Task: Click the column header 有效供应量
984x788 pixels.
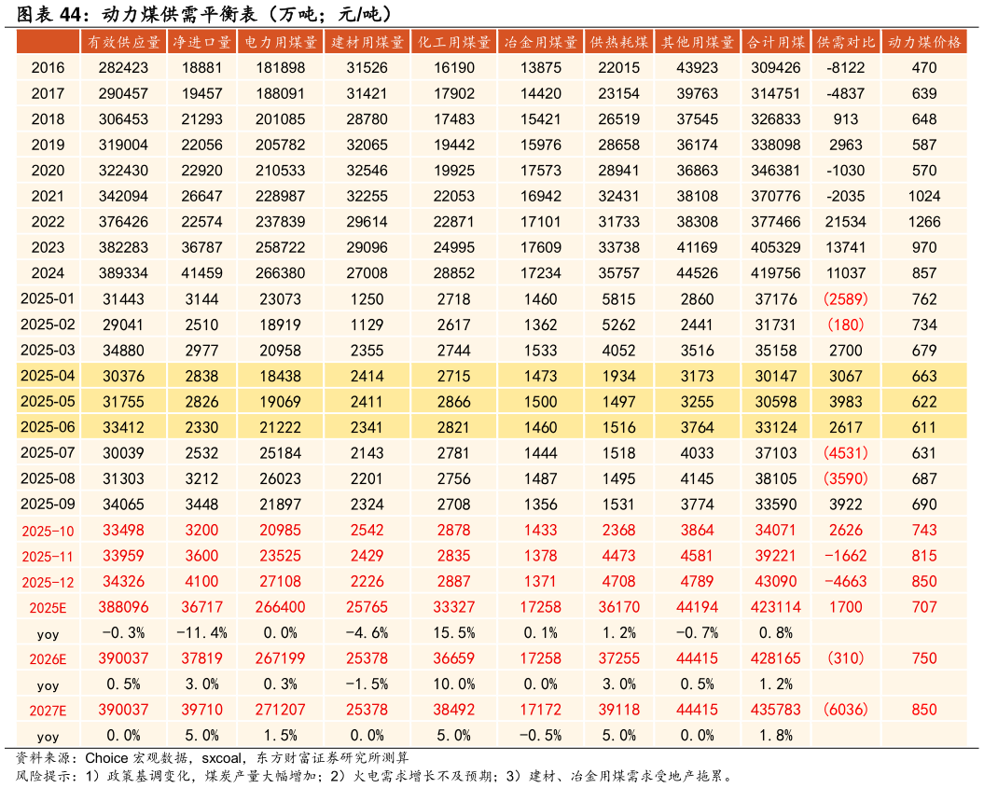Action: click(x=124, y=43)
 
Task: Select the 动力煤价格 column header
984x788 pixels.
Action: click(x=924, y=43)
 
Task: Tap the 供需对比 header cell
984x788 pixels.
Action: click(x=846, y=43)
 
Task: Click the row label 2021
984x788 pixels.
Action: click(x=48, y=196)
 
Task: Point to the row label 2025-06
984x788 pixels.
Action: click(x=48, y=427)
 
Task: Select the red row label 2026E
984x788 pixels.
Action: click(x=48, y=658)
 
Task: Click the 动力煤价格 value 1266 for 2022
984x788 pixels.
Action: click(x=924, y=222)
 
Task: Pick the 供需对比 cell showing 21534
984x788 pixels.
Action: click(x=846, y=222)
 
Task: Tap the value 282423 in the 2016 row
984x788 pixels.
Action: click(x=124, y=68)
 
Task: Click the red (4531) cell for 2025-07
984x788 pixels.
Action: click(x=846, y=453)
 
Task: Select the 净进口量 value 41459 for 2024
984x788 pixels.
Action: click(x=201, y=273)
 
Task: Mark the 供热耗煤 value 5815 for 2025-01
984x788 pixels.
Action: click(x=618, y=299)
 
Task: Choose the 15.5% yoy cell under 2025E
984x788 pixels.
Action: click(x=454, y=633)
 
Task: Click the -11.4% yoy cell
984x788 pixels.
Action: click(x=201, y=633)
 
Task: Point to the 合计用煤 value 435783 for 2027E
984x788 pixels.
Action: click(x=776, y=710)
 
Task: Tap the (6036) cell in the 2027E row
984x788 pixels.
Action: click(x=846, y=710)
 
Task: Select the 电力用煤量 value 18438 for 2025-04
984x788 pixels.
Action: click(x=280, y=376)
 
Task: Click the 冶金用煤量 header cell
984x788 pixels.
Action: click(x=540, y=43)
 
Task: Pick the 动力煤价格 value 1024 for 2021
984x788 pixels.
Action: click(x=924, y=196)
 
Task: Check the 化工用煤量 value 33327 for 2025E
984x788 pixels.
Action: click(x=454, y=607)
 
